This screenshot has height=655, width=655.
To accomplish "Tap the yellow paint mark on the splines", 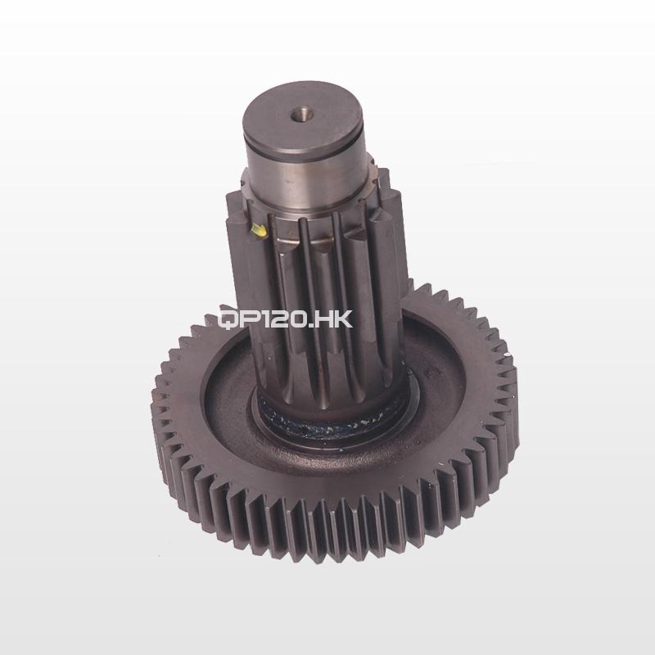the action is [258, 231].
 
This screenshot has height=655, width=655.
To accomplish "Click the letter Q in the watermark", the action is [228, 319].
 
